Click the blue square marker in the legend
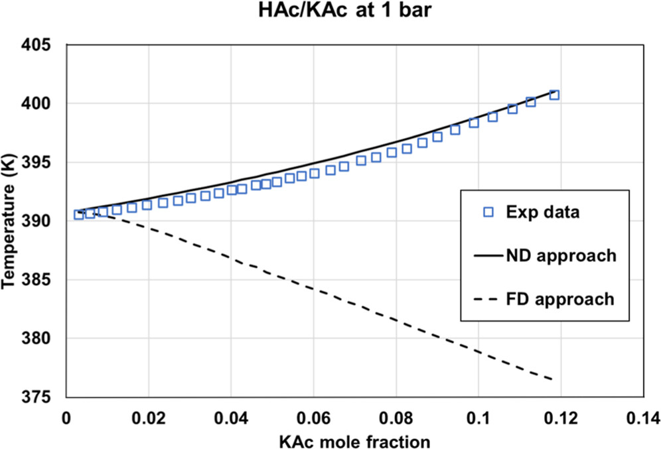489,212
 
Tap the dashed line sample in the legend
489,298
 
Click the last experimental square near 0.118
554,95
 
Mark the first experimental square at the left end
78,214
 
